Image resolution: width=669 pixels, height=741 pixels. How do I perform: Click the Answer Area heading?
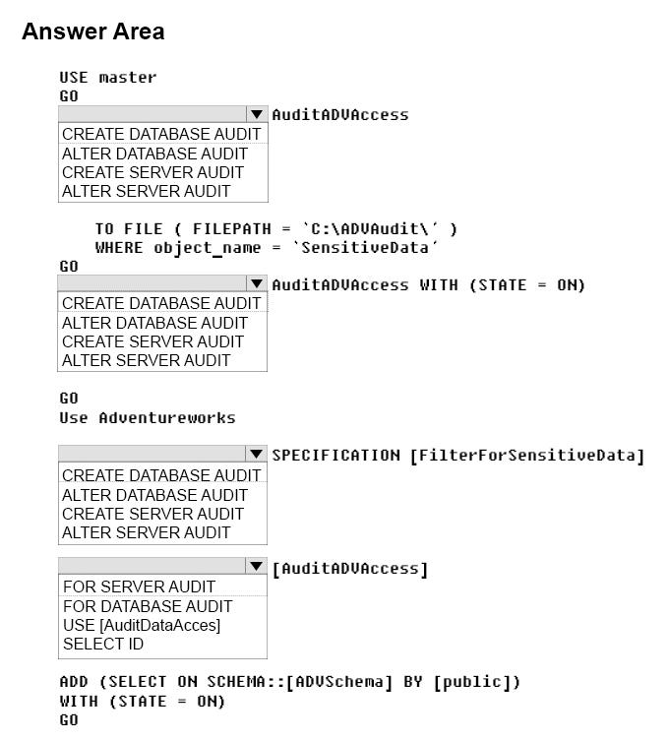tap(93, 31)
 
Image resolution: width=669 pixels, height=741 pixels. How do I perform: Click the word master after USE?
tap(128, 77)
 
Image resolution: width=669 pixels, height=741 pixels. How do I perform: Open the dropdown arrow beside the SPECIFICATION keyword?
tap(256, 454)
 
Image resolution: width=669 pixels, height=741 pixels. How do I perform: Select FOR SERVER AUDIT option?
tap(139, 587)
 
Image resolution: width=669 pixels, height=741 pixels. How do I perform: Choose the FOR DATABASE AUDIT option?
tap(148, 606)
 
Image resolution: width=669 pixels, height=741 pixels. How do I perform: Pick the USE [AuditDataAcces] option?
tap(142, 625)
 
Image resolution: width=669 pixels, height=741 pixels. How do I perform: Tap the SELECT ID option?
tap(103, 644)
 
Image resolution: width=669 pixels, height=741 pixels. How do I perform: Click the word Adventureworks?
tap(167, 418)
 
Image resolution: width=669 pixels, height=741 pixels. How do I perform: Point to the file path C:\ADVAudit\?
tap(370, 228)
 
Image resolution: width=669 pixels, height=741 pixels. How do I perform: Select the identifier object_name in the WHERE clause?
tap(207, 249)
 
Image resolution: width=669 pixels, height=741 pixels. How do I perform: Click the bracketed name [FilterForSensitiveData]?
tap(526, 456)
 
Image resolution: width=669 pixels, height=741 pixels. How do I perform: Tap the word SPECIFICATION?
tap(335, 455)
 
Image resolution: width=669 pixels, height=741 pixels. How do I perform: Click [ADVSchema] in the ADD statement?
tap(339, 682)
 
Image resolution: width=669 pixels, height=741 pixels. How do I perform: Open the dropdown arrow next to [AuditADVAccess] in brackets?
tap(256, 566)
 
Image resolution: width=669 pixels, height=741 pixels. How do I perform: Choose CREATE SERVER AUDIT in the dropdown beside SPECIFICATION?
tap(152, 514)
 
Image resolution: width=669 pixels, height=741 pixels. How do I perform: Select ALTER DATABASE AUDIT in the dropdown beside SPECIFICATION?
tap(154, 495)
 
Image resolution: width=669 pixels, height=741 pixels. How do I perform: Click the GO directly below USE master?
tap(69, 95)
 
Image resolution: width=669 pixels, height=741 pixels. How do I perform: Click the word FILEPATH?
tap(231, 228)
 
